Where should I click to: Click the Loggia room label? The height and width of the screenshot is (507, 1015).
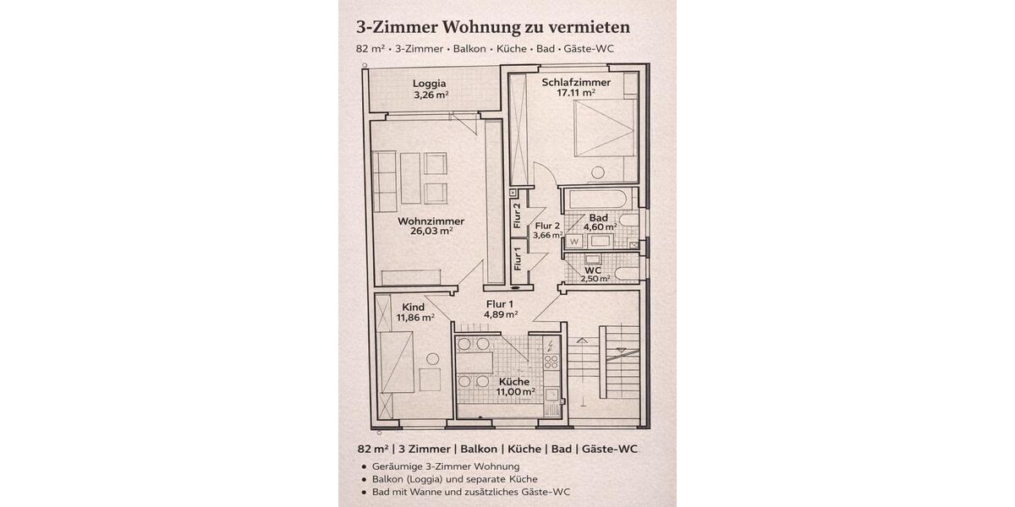pos(430,83)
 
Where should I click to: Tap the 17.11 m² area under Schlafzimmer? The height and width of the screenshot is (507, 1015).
pos(576,94)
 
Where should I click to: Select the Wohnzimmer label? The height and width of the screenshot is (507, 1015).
pos(431,221)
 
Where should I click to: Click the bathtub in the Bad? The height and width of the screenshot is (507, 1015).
pos(597,201)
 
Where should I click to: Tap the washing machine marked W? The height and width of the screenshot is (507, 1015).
pos(573,242)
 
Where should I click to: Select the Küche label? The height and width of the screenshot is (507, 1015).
pos(514,382)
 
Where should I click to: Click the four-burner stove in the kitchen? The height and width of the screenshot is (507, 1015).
pos(551,362)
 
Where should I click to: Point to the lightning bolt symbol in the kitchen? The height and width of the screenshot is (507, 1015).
pos(551,345)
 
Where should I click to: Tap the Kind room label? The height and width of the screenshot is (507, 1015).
pos(414,307)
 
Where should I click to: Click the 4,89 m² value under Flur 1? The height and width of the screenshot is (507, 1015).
pos(500,314)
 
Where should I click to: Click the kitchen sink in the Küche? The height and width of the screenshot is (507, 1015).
pos(551,393)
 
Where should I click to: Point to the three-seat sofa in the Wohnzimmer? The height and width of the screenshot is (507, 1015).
pos(385,182)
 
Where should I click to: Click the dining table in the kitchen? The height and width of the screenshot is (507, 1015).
pos(475,362)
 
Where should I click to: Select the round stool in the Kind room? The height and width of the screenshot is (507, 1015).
pos(433,359)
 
